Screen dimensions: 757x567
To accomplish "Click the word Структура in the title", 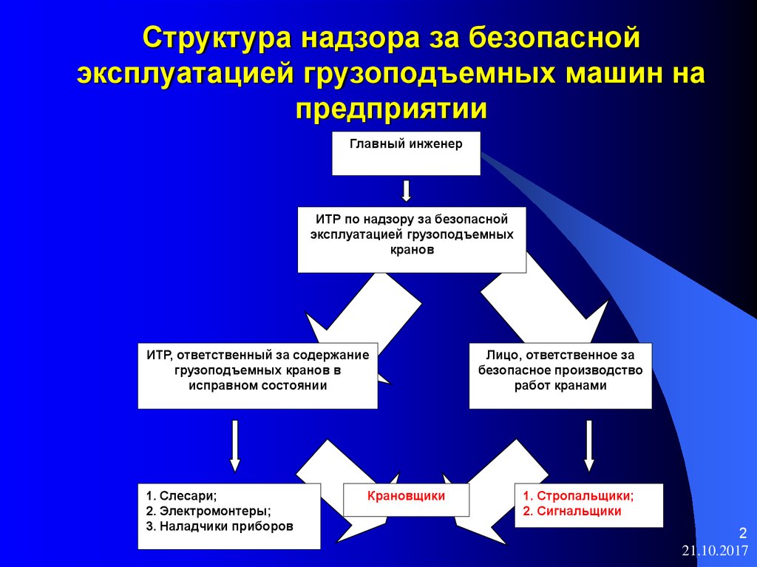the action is tap(217, 38).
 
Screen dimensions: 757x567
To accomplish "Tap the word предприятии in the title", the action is tap(392, 109).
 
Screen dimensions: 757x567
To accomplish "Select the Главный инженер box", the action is tap(406, 153).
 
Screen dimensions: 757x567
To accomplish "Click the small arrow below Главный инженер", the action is tap(407, 191).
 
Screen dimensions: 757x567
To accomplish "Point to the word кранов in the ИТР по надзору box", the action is tap(412, 250).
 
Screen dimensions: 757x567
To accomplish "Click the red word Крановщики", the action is tap(406, 496).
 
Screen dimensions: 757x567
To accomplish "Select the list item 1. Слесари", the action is tap(182, 496).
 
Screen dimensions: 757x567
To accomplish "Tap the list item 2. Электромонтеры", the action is tap(208, 511).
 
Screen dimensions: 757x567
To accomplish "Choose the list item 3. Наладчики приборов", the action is tap(220, 526).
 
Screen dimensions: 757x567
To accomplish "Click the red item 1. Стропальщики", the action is tap(578, 496).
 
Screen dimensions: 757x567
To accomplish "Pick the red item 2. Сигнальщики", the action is tap(572, 511).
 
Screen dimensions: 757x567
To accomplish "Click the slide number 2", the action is tap(742, 533).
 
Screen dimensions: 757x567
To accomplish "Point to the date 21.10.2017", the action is tap(715, 551).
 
